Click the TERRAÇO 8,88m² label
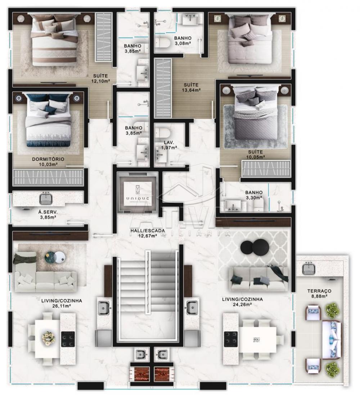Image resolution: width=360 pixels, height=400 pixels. (319, 293)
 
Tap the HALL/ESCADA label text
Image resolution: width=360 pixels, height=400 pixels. (148, 231)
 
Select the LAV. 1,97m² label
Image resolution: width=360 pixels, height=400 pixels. (169, 145)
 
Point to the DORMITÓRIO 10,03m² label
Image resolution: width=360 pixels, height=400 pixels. (48, 162)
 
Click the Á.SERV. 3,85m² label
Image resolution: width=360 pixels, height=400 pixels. (48, 215)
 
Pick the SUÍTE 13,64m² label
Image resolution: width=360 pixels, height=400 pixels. (191, 87)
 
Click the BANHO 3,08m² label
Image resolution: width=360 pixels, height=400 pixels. (183, 41)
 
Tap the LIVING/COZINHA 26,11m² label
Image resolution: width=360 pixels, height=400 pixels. (62, 303)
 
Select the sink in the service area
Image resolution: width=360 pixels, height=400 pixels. (46, 199)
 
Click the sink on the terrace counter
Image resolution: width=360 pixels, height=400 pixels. (309, 269)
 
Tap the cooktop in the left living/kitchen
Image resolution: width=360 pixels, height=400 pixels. (68, 339)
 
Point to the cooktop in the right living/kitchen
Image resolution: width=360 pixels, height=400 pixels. (231, 339)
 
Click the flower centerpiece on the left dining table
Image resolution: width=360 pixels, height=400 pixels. (49, 338)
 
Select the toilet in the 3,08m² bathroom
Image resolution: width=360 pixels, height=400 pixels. (163, 43)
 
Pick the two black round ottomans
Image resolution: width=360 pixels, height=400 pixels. (255, 246)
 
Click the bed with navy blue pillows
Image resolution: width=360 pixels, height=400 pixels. (49, 120)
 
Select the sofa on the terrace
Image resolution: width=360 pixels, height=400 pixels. (332, 340)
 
